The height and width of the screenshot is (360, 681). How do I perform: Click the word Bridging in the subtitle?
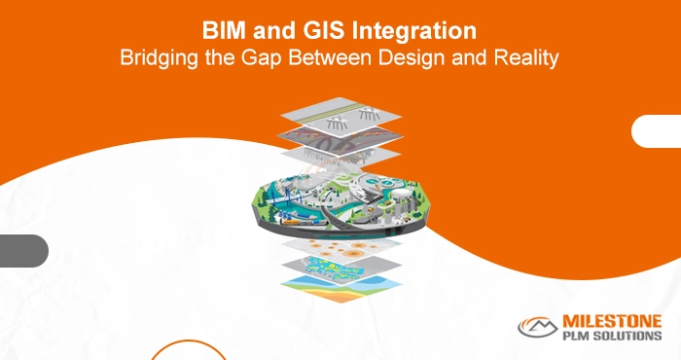[x=154, y=57]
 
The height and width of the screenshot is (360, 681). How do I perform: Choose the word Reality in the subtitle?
[x=527, y=57]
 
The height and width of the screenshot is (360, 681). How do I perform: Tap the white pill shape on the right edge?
[x=657, y=131]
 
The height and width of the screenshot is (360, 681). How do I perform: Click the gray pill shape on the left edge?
[x=21, y=250]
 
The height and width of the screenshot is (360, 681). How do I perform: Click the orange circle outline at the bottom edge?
[x=180, y=352]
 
